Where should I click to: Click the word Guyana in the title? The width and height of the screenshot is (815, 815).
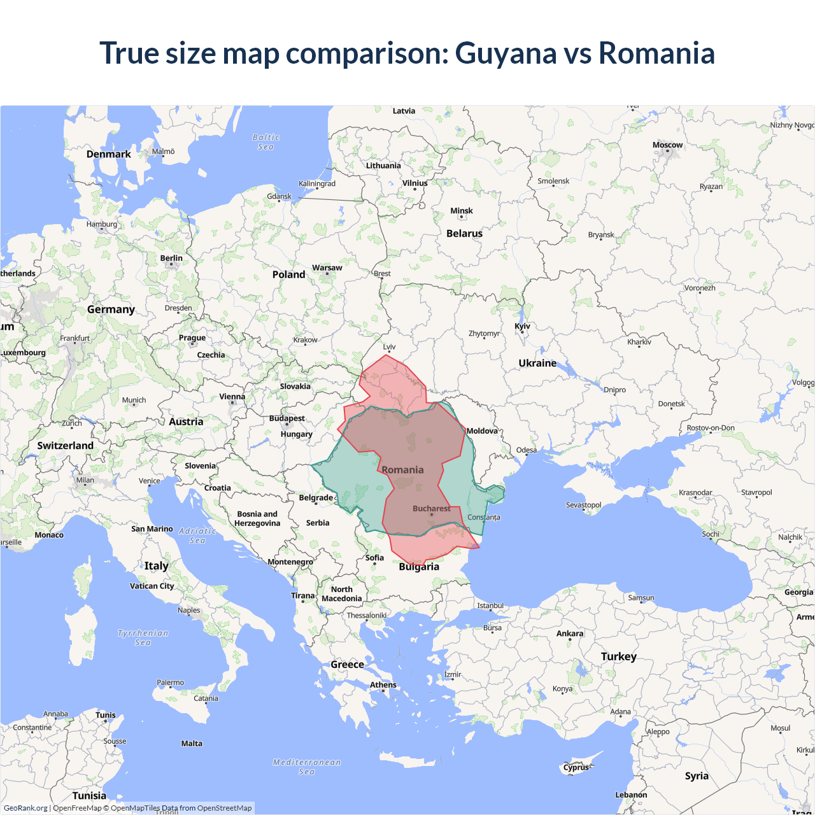coord(506,53)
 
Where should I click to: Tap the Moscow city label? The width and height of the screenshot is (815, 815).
coord(667,145)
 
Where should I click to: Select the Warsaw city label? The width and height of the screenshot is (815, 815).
coord(327,268)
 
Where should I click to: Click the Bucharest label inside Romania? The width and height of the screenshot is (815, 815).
coord(431,509)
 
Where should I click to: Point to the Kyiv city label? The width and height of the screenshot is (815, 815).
coord(522,327)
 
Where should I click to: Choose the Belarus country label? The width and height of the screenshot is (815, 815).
coord(464,234)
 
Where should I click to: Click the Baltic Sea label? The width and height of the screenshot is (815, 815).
coord(266,142)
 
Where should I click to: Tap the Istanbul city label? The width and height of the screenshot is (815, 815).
coord(490,606)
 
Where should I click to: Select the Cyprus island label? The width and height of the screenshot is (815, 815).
coord(576,767)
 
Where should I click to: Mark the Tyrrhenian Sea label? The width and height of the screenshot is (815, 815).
coord(143,637)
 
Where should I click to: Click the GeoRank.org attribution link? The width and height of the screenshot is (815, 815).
coord(25,808)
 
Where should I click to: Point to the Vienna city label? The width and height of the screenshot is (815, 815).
coord(232,397)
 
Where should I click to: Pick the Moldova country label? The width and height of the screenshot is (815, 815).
coord(482,431)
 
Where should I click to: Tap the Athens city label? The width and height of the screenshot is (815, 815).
coord(383,685)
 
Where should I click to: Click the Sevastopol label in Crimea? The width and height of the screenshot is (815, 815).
coord(583,505)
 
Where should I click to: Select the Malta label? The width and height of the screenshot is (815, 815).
coord(192,744)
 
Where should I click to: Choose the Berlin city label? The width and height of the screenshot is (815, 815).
coord(171,259)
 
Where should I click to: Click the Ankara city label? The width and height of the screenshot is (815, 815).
coord(570,634)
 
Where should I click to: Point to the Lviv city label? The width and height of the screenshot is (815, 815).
coord(389,347)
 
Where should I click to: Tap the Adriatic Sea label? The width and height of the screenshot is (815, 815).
coord(197,535)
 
